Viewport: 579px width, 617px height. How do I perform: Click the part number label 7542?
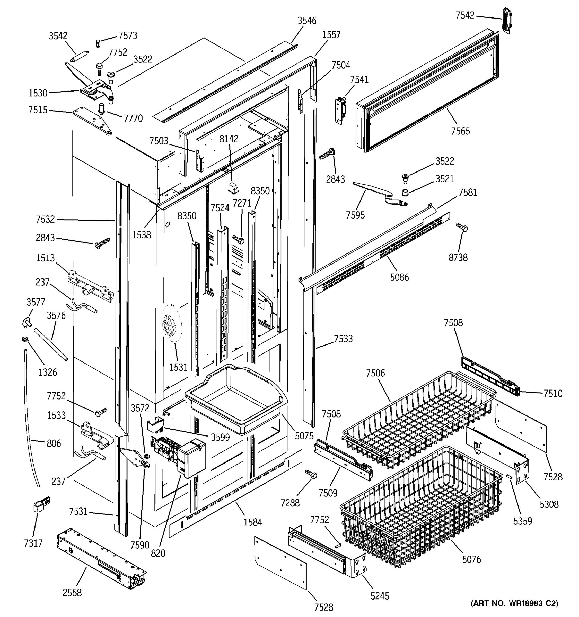coord(465,15)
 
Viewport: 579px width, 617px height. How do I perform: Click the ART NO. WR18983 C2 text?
coord(514,603)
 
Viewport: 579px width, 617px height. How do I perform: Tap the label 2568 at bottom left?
coord(72,593)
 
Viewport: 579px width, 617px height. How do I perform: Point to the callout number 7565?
coord(460,131)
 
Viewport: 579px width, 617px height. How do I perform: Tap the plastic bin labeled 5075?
coord(236,399)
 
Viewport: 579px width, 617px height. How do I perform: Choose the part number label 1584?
coord(252,522)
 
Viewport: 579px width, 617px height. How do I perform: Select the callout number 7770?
coord(133,118)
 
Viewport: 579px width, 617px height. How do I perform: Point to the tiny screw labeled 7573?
coord(98,43)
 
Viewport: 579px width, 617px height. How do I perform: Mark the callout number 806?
coord(54,443)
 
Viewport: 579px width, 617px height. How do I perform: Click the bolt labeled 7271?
coord(239,239)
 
